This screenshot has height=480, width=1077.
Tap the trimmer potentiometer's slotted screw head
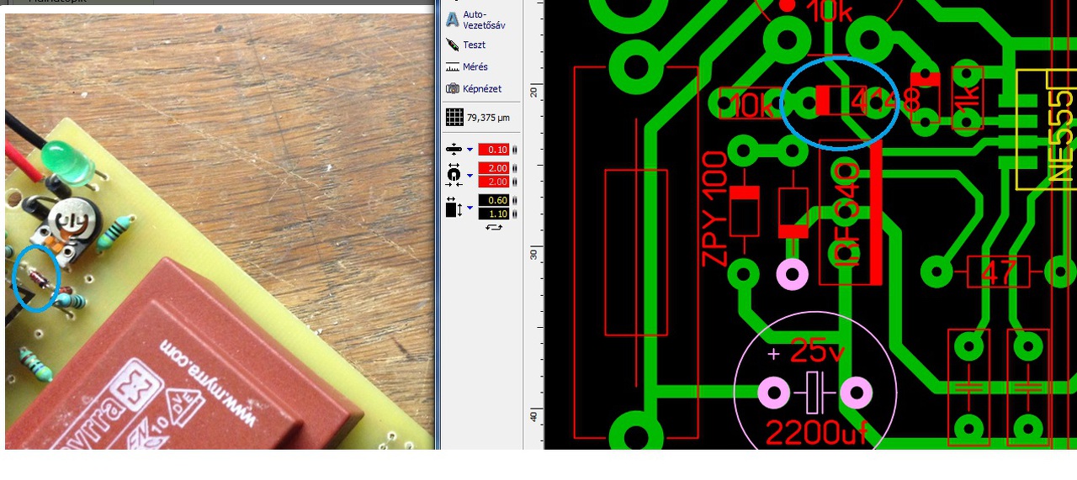pyautogui.click(x=71, y=222)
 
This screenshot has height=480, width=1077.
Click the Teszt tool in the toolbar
pyautogui.click(x=474, y=45)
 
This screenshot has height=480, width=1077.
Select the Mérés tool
pyautogui.click(x=475, y=66)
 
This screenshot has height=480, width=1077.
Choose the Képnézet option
pyautogui.click(x=482, y=88)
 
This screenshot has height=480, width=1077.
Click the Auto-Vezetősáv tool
pyautogui.click(x=484, y=19)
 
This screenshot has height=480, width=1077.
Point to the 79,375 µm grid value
pyautogui.click(x=488, y=118)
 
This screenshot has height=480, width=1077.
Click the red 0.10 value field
pyautogui.click(x=493, y=150)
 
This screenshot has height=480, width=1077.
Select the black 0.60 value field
pyautogui.click(x=493, y=200)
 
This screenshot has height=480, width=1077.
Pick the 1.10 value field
pyautogui.click(x=493, y=214)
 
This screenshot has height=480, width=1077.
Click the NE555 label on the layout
pyautogui.click(x=1063, y=135)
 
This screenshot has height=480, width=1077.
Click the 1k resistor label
pyautogui.click(x=968, y=99)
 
